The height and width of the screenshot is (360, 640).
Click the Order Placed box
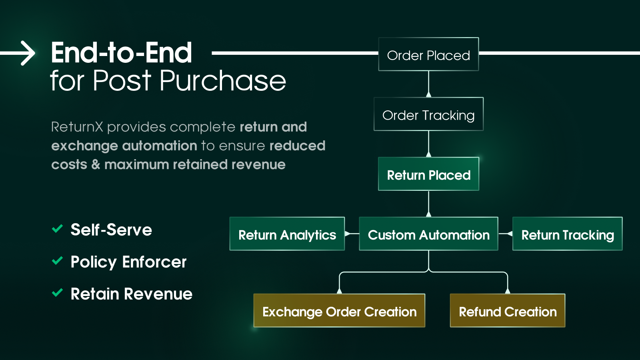(x=428, y=54)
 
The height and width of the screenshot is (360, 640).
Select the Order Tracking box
(x=428, y=114)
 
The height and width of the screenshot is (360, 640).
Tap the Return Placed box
(x=428, y=174)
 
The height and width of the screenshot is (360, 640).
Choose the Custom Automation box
(x=428, y=234)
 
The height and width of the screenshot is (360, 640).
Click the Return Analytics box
(x=287, y=234)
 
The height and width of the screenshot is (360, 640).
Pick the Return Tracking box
(x=567, y=234)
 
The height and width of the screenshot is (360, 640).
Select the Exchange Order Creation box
(x=339, y=311)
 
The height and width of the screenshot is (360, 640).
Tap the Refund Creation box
(x=507, y=311)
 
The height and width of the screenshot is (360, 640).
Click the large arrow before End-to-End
(x=20, y=53)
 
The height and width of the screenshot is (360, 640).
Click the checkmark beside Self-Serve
(x=57, y=229)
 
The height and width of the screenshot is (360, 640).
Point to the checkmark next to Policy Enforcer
(x=57, y=261)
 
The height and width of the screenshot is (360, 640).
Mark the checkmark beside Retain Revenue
(x=57, y=293)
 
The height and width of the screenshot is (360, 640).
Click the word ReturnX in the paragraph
(x=77, y=127)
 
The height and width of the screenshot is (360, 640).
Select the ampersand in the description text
(x=96, y=164)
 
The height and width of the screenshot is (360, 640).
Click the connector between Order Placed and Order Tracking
(x=428, y=84)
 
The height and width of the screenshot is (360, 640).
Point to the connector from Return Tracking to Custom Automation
(x=506, y=234)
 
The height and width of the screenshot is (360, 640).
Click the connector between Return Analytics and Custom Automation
(x=352, y=234)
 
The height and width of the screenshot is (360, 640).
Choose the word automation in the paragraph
(x=160, y=146)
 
